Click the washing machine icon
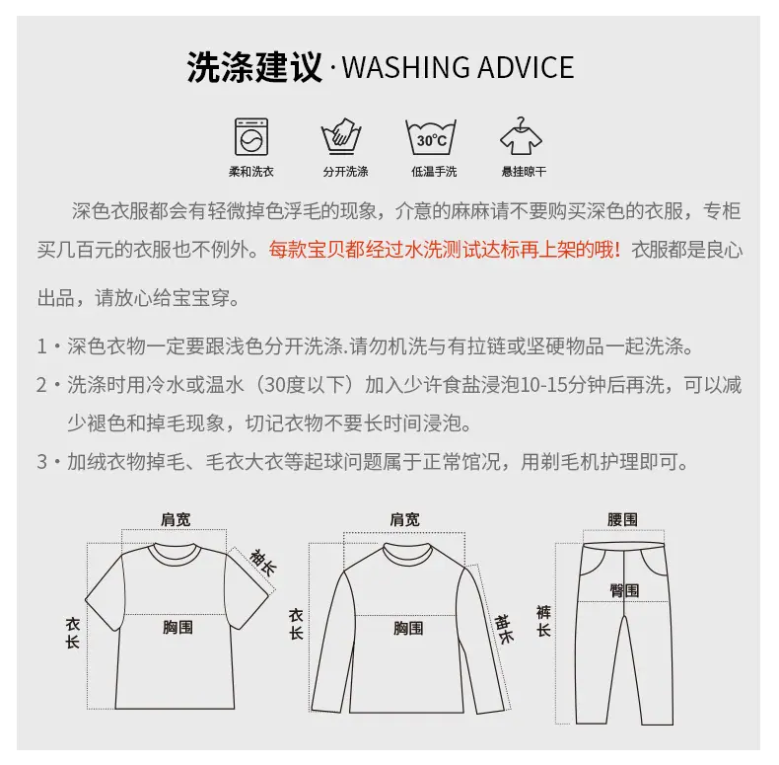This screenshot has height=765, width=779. [251, 137]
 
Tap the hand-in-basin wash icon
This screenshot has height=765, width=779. [341, 136]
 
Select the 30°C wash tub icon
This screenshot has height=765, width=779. [431, 137]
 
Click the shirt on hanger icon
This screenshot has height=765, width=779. [521, 136]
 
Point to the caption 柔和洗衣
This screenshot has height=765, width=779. [251, 172]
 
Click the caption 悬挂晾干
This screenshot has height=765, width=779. [524, 172]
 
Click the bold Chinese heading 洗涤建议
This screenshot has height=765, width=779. [254, 67]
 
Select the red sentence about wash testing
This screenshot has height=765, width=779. [445, 250]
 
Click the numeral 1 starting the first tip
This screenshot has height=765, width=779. [42, 346]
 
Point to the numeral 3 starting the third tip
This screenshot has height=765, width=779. [42, 462]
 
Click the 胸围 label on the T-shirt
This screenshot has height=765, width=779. [177, 627]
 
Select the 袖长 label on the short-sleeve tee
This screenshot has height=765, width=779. [263, 563]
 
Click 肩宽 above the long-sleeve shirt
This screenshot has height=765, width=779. [404, 520]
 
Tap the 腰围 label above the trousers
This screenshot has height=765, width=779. [622, 520]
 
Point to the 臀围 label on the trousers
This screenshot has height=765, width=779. [624, 591]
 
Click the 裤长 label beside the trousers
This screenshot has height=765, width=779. [543, 621]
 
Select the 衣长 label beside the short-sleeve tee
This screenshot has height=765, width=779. [73, 633]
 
